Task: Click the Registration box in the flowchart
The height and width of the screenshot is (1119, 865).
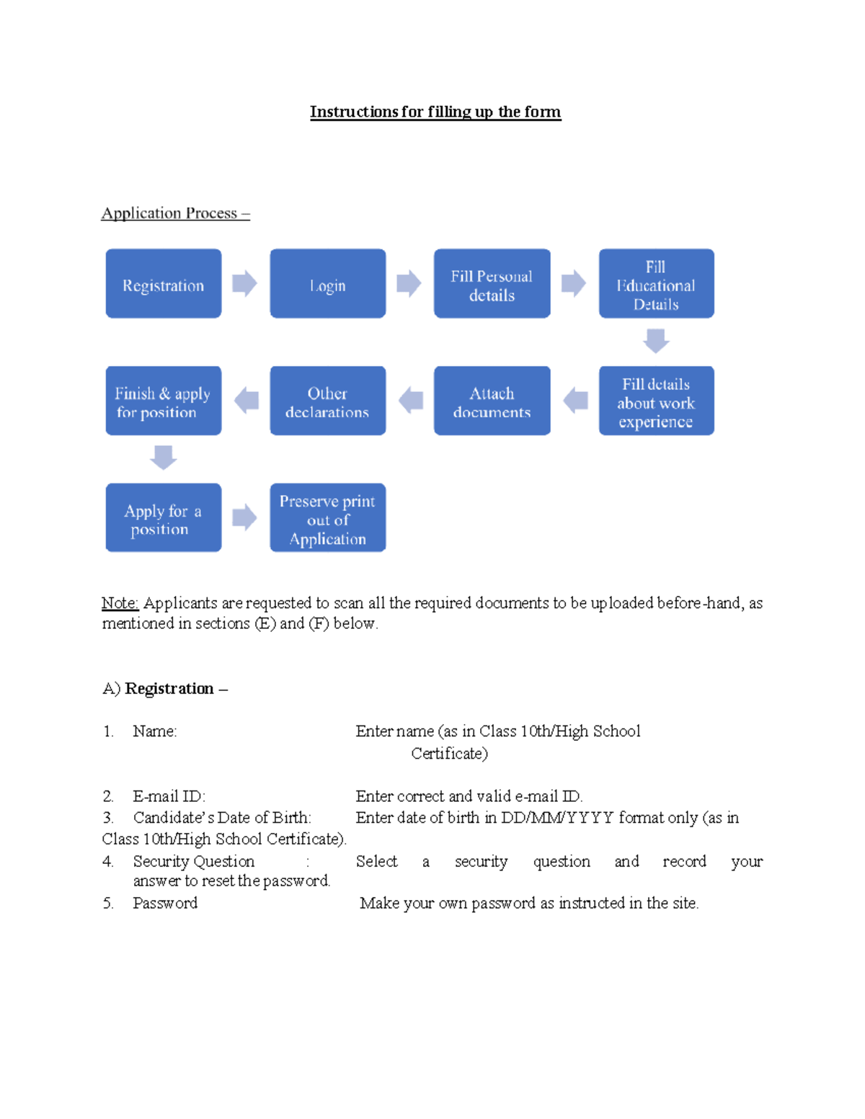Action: (163, 284)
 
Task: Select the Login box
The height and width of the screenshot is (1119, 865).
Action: (327, 284)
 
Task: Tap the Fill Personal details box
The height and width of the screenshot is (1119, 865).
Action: (492, 284)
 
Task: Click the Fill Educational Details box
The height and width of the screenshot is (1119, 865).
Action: (656, 284)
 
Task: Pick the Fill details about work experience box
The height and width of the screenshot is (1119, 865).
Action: (656, 401)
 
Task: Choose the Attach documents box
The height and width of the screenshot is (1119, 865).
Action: (492, 401)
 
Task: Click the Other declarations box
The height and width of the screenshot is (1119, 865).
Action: (327, 401)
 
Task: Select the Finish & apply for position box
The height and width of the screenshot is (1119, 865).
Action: (163, 401)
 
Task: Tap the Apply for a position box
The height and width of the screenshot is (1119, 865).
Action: (163, 518)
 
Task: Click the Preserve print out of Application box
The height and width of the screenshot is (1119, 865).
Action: (327, 518)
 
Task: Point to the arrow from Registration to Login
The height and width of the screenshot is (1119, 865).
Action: (245, 284)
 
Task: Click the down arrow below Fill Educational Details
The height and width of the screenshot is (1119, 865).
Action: (656, 341)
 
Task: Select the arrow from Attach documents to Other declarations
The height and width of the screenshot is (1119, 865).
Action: (411, 401)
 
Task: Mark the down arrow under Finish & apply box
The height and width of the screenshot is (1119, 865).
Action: (164, 458)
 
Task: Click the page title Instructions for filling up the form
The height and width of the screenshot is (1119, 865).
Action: (435, 112)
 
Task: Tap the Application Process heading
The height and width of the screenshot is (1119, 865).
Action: (175, 213)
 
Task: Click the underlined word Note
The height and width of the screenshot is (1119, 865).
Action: (120, 603)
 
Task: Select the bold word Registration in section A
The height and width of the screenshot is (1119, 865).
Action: (169, 689)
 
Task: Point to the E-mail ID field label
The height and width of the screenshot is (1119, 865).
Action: (169, 796)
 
